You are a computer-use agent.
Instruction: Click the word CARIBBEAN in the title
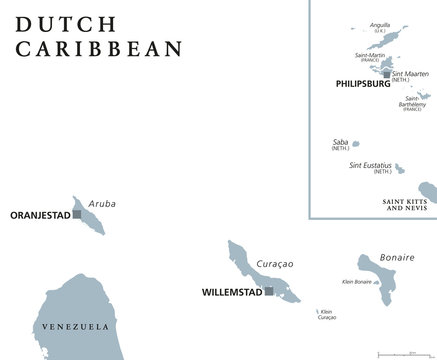click(x=98, y=48)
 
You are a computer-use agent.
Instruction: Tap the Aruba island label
click(x=102, y=204)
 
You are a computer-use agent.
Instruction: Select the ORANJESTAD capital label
click(x=39, y=214)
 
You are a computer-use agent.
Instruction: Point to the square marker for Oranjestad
click(x=76, y=214)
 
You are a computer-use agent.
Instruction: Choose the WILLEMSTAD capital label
click(x=224, y=293)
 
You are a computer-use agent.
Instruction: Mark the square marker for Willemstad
click(x=268, y=292)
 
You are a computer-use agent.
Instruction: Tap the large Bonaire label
click(x=396, y=257)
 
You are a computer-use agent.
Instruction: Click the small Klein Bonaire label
click(x=357, y=283)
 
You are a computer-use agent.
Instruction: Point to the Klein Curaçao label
click(x=325, y=314)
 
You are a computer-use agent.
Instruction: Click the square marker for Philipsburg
click(x=386, y=74)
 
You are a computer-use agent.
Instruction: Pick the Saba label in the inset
click(x=340, y=143)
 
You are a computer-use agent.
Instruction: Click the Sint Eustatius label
click(x=371, y=165)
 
